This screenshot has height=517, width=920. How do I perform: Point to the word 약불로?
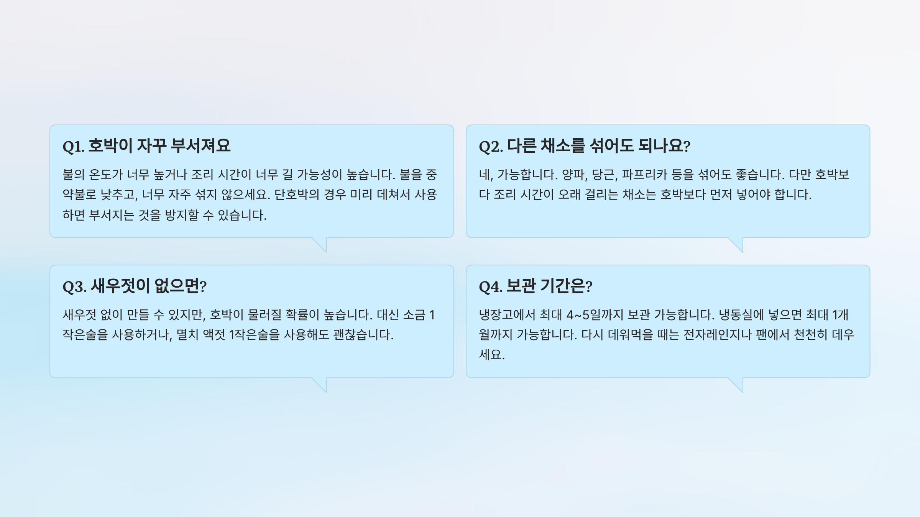(x=79, y=195)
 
